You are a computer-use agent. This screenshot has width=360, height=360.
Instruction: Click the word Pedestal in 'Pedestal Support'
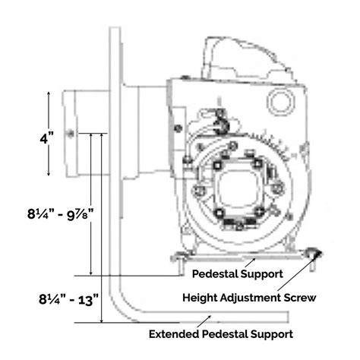pos(216,271)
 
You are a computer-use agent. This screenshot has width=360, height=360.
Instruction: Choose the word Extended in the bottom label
pos(174,333)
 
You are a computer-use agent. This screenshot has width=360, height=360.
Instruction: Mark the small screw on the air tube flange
pos(69,134)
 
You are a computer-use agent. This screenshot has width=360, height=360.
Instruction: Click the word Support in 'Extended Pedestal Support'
pos(270,333)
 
